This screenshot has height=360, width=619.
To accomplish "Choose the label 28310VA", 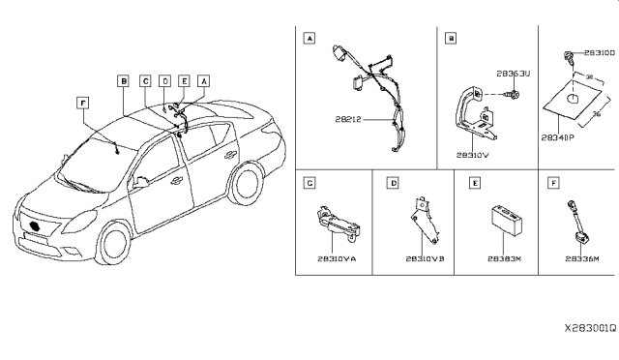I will [x=334, y=259].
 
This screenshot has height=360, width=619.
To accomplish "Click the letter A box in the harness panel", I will [x=309, y=39].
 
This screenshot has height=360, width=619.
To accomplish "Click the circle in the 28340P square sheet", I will [x=573, y=100].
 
